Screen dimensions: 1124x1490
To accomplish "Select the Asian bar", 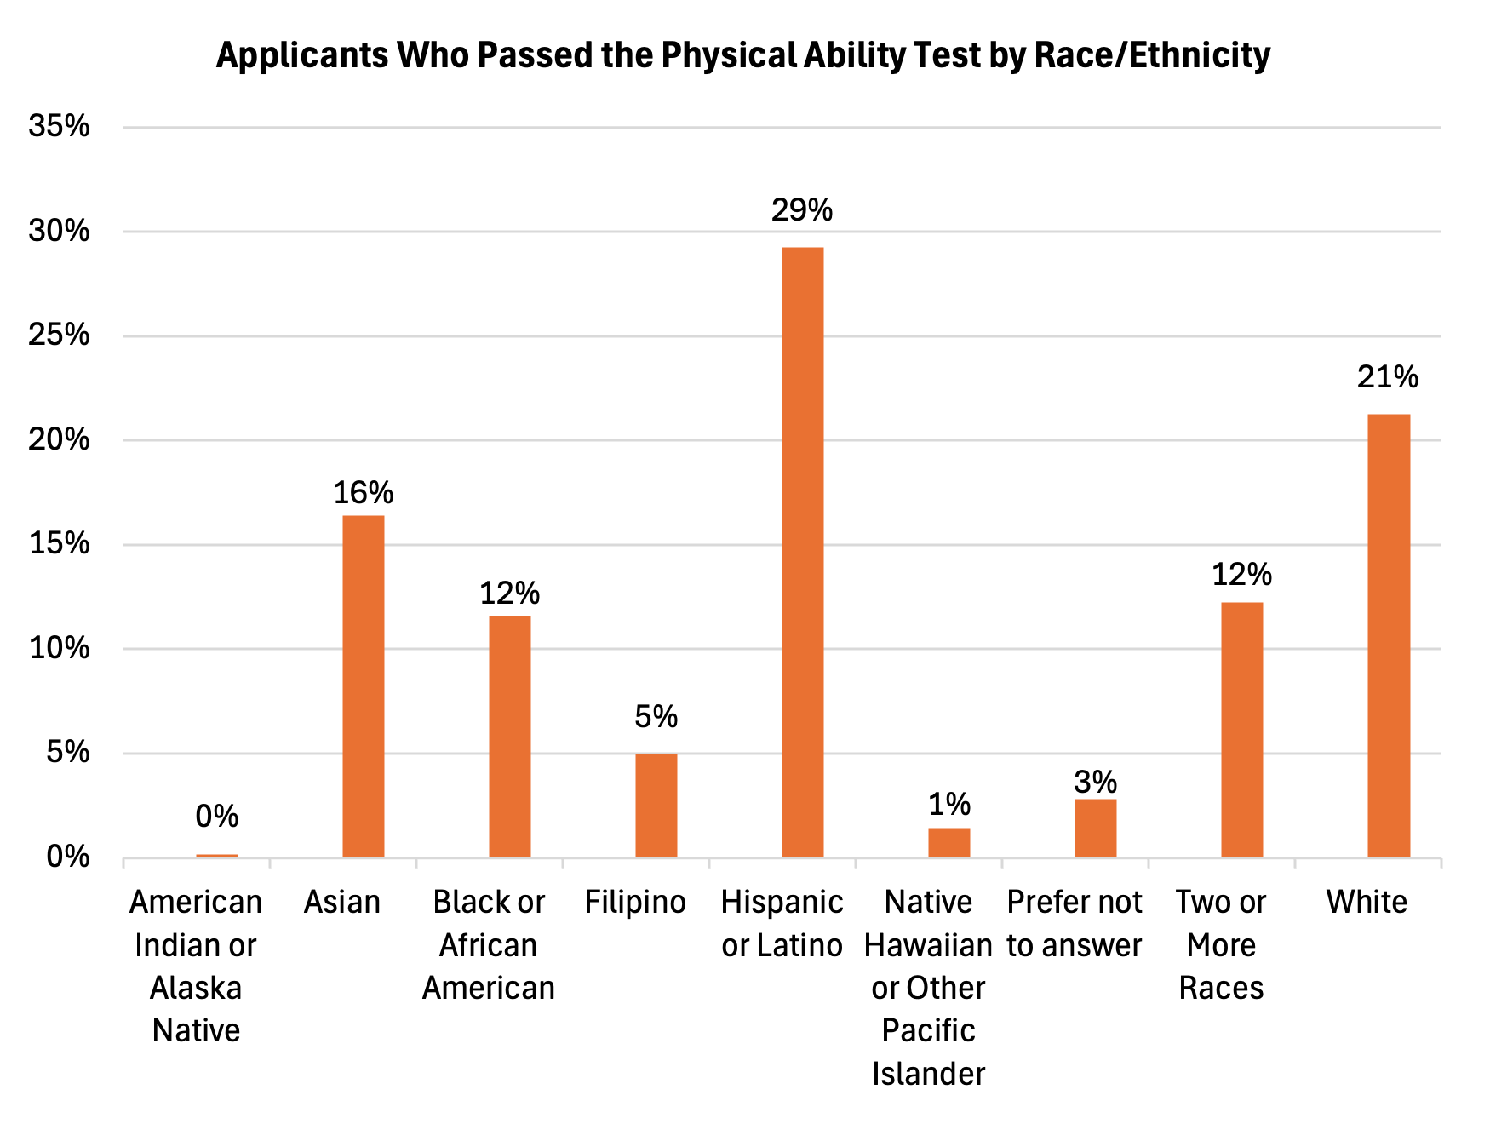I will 363,685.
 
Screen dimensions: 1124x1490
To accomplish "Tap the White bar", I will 1388,635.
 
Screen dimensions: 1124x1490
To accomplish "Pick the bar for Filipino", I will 656,805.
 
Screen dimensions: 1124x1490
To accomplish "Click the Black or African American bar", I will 509,736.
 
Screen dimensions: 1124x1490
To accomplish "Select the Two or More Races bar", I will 1241,729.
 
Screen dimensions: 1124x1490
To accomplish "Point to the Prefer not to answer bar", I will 1095,827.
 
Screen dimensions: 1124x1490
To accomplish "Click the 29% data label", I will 801,210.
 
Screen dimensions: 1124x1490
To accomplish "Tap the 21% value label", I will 1387,377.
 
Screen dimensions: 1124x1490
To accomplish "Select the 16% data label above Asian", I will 363,493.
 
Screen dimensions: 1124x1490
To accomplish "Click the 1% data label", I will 948,805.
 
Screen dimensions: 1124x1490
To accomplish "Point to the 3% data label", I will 1095,782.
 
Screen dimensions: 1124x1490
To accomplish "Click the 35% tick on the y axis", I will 59,126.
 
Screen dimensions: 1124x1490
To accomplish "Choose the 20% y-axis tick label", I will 59,439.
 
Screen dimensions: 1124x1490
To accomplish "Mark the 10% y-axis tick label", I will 59,648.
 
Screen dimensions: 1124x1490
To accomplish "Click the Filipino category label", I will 635,902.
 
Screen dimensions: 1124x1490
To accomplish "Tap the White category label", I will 1367,902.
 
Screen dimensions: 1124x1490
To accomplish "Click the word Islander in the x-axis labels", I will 928,1074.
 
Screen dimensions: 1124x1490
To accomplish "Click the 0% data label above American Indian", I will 216,817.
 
